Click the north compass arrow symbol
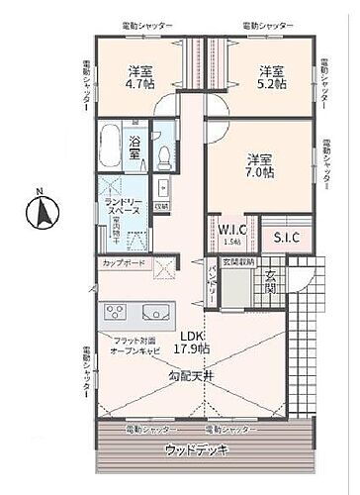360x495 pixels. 41,210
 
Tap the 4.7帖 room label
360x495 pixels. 137,78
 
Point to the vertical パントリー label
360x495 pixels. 212,282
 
